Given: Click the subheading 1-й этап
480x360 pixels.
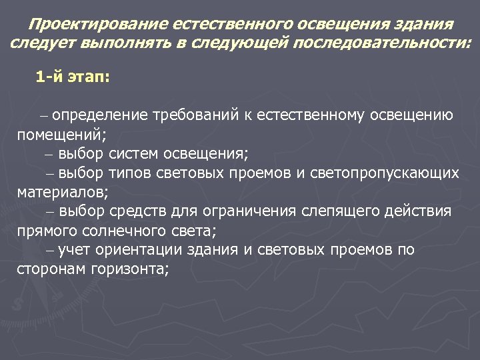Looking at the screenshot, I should [73, 78].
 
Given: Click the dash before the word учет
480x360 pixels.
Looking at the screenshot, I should [51, 251].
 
